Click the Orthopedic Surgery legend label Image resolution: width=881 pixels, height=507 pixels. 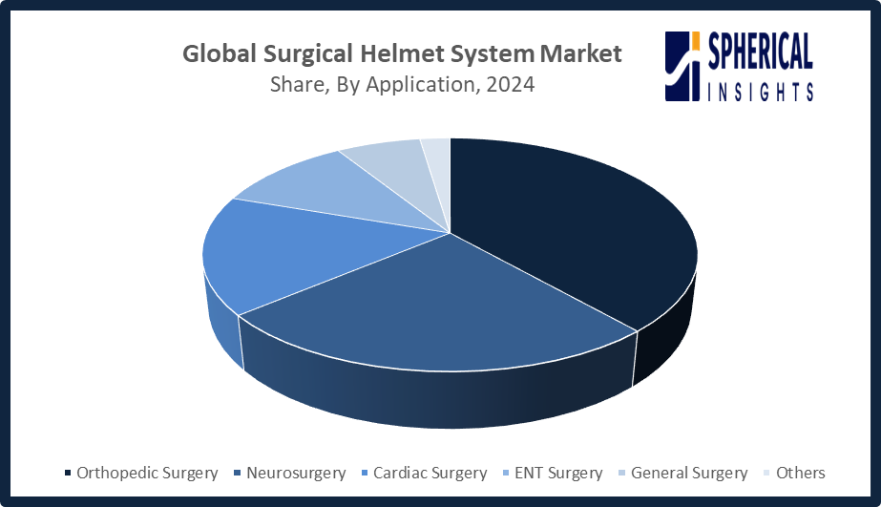point(147,474)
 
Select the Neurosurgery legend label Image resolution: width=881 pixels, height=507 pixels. point(296,474)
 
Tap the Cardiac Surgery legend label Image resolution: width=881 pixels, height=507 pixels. point(430,474)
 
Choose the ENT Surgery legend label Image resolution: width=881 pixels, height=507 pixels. point(558,474)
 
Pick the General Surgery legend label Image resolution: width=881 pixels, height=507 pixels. point(689,474)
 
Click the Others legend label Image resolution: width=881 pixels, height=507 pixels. point(801,473)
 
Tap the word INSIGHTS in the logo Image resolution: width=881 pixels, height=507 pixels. point(760,91)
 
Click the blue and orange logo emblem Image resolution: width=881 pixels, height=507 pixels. point(682,66)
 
